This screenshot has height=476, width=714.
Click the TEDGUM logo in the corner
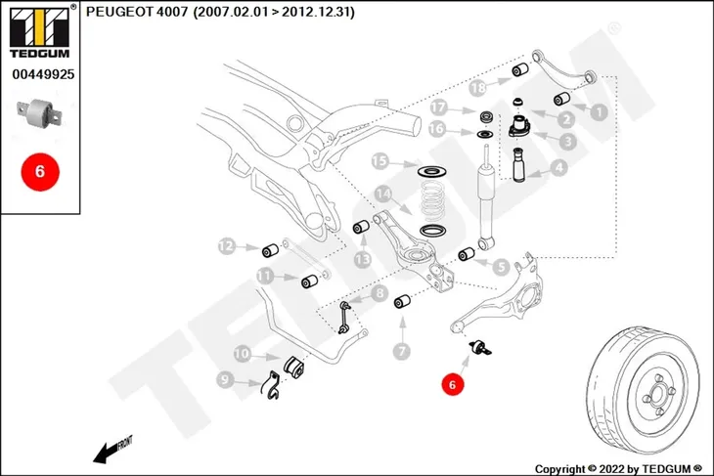click(40, 32)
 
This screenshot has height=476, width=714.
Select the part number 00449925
click(43, 74)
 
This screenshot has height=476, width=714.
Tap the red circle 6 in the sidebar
click(40, 172)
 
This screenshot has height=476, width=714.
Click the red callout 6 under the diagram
click(452, 384)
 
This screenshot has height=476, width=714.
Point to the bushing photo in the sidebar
click(39, 114)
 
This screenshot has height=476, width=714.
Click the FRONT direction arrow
click(112, 450)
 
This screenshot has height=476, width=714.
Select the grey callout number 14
click(383, 195)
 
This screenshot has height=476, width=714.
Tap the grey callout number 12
click(227, 246)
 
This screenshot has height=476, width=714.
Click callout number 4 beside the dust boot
click(559, 167)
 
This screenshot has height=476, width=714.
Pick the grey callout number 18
click(478, 87)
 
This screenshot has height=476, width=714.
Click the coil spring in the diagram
click(431, 201)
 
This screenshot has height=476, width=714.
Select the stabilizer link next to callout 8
click(344, 318)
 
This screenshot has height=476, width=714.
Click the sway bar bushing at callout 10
click(294, 368)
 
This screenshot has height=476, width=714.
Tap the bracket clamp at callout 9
click(270, 385)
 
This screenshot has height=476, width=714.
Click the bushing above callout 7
click(402, 301)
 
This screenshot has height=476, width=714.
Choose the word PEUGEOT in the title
click(119, 12)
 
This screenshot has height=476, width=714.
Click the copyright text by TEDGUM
click(618, 469)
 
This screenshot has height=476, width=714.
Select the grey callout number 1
click(599, 111)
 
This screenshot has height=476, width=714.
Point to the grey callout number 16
click(436, 129)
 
